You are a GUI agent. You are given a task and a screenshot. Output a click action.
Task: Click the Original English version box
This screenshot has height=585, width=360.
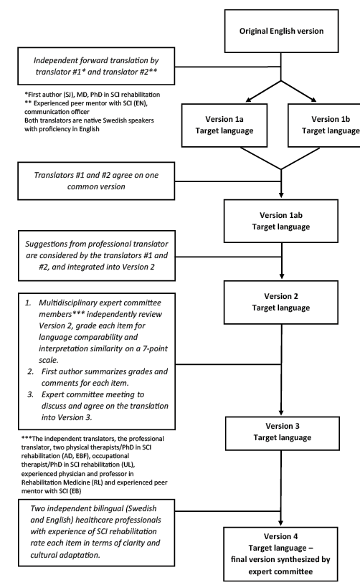click(281, 31)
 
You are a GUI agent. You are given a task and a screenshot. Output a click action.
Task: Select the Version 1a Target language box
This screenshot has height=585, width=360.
click(224, 125)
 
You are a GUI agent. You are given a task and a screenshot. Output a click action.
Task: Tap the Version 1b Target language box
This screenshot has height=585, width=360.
click(324, 125)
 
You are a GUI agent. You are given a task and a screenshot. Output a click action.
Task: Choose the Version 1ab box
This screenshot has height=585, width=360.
click(281, 221)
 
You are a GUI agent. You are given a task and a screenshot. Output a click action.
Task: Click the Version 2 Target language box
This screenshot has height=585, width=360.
click(281, 303)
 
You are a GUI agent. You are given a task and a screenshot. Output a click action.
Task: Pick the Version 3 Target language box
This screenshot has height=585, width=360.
click(283, 433)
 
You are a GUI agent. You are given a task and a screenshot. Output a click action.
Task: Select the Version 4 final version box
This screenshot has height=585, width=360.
click(280, 554)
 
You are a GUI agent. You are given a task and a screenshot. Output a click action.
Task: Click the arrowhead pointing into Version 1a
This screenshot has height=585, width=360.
click(249, 100)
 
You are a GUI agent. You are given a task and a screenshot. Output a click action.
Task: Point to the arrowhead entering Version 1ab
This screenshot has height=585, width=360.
click(281, 195)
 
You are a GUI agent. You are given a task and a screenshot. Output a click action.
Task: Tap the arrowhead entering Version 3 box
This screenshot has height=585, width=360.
click(281, 412)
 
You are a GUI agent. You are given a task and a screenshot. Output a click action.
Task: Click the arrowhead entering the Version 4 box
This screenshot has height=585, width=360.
click(280, 523)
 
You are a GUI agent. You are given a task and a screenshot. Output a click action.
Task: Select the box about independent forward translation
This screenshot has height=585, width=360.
click(96, 66)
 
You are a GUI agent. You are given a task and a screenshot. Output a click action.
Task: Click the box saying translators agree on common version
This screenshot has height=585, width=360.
click(96, 181)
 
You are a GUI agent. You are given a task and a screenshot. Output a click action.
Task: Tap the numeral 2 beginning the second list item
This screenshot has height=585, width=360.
click(30, 371)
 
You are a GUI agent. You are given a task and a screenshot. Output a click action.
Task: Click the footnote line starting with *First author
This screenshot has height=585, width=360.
click(92, 95)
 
